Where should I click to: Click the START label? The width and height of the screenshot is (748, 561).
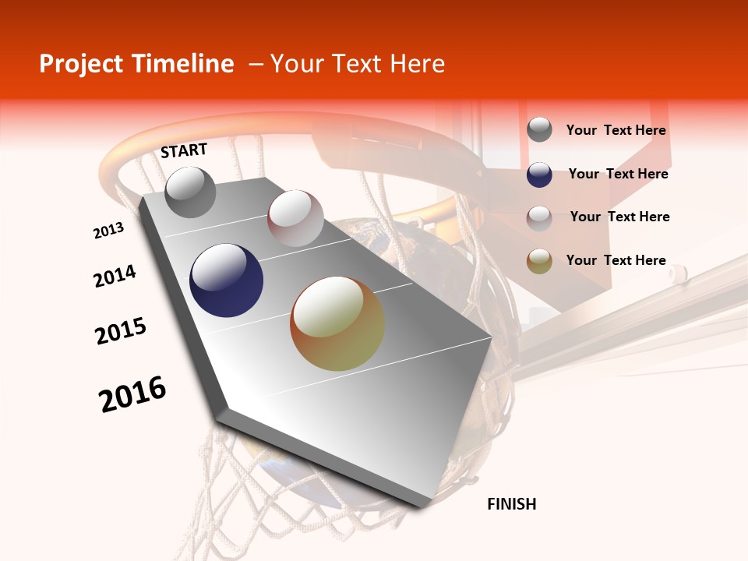[x=184, y=150]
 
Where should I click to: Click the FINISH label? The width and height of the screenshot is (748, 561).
[x=511, y=504]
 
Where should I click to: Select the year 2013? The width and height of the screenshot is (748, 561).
[x=108, y=231]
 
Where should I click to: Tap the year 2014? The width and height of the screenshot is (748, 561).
[x=115, y=276]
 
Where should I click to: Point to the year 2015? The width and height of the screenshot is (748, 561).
[x=121, y=331]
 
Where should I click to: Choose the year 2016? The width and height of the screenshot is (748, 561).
[x=132, y=394]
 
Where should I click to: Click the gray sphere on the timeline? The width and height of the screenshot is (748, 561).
[x=190, y=192]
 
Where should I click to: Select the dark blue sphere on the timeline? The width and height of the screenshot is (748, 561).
[x=227, y=280]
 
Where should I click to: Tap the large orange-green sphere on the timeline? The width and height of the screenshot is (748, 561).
[x=337, y=323]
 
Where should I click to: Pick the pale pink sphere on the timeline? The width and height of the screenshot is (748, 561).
[x=295, y=218]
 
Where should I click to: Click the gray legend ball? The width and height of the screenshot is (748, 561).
[x=539, y=130]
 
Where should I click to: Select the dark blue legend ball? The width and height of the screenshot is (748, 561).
[x=539, y=175]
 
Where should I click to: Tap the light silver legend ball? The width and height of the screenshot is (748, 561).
[x=539, y=217]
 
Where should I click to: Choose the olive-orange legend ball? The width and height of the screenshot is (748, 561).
[x=539, y=261]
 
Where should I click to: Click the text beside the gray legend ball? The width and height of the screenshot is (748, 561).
[x=616, y=130]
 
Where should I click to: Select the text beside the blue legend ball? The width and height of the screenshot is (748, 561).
[x=618, y=174]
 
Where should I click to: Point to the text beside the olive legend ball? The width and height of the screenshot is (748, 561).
[x=616, y=260]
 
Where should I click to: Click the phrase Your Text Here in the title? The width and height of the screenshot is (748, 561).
[x=358, y=64]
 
